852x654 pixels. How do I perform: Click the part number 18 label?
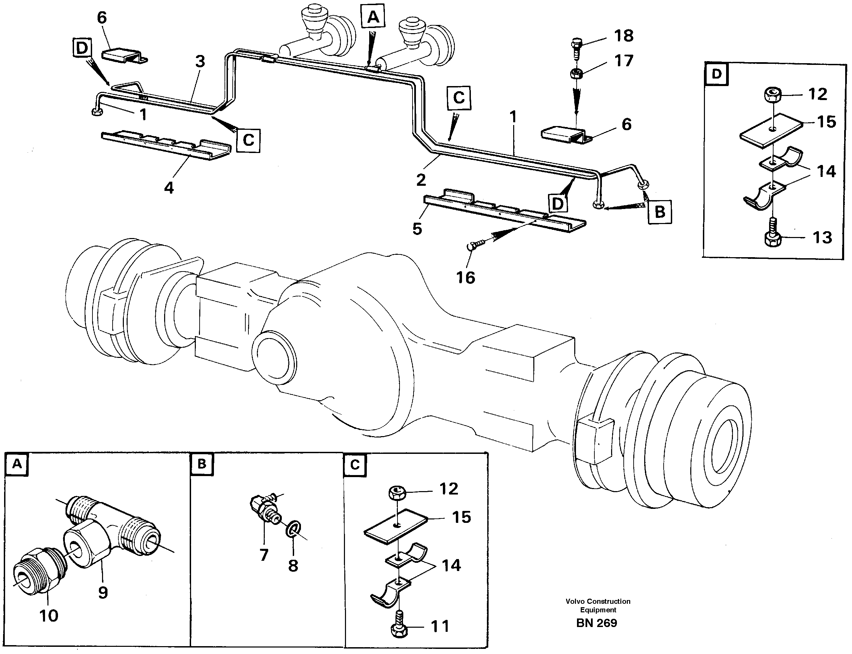click(x=624, y=36)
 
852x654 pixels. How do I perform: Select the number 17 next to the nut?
click(x=624, y=61)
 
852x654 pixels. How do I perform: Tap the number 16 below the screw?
click(x=465, y=278)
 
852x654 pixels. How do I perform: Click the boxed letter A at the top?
click(x=373, y=16)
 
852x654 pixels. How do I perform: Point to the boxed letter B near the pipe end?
click(x=660, y=212)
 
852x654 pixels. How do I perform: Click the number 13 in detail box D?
click(x=822, y=237)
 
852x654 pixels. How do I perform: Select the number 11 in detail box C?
click(x=440, y=626)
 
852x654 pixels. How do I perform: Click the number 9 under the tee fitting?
click(x=102, y=593)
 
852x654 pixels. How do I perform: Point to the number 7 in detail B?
click(x=264, y=555)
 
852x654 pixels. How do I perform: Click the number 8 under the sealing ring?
click(x=293, y=566)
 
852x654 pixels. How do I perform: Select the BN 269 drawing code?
click(x=596, y=623)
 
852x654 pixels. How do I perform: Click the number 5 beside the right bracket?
click(x=417, y=229)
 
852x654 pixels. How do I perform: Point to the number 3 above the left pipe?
click(x=200, y=61)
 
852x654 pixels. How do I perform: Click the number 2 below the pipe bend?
click(x=421, y=180)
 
